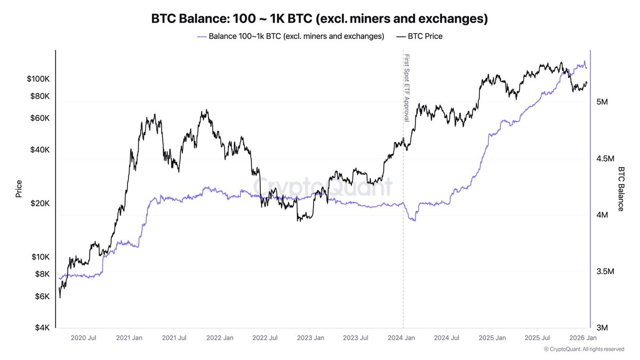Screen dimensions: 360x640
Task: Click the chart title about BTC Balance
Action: tap(319, 19)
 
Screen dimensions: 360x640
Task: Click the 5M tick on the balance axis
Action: tap(603, 102)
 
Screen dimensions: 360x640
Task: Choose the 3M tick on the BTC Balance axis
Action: tap(603, 327)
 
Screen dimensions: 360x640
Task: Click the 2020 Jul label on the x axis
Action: tap(83, 338)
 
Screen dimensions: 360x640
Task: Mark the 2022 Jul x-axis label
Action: tap(266, 338)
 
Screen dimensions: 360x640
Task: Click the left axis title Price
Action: tap(19, 189)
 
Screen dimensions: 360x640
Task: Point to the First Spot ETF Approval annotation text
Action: tap(406, 87)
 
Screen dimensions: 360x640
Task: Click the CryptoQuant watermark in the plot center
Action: tap(322, 187)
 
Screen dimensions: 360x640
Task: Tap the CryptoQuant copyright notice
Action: tap(583, 349)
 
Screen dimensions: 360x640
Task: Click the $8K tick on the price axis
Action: tap(42, 274)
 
